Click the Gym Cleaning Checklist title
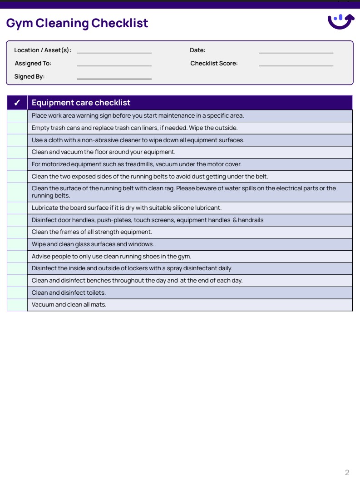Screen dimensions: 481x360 coord(77,23)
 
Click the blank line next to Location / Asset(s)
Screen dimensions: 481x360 coord(114,50)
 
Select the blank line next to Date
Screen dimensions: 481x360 coord(296,50)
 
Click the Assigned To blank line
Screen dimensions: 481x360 coord(114,63)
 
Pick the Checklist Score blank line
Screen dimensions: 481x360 coord(296,63)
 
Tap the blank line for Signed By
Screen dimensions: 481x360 coord(114,76)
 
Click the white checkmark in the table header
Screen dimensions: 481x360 coord(17,103)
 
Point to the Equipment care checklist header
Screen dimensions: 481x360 coord(81,103)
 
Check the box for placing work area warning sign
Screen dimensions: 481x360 coord(17,116)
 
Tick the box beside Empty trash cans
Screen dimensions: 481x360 coord(17,128)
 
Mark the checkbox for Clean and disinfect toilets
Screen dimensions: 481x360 coord(17,293)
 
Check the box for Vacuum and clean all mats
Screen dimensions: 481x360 coord(17,305)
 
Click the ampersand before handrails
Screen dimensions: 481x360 coord(235,220)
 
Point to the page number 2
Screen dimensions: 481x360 coord(347,472)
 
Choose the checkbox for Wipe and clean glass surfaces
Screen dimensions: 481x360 coord(17,244)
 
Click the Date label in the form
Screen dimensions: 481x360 coord(197,50)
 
